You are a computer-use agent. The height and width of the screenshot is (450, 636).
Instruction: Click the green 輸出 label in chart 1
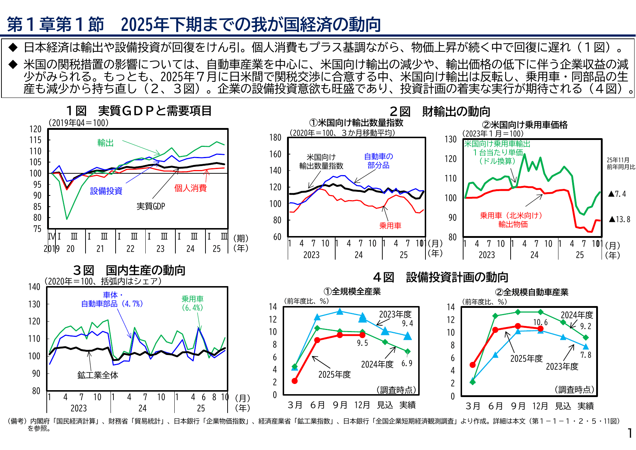[105, 143]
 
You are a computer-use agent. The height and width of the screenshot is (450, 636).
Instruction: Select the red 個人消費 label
[190, 188]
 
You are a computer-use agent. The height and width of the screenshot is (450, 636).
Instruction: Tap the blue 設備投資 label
[106, 191]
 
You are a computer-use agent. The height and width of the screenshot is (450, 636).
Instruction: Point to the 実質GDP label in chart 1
[151, 206]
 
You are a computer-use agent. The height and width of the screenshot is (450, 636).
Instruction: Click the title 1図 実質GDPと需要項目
[139, 111]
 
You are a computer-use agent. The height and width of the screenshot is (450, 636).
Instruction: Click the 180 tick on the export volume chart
[275, 137]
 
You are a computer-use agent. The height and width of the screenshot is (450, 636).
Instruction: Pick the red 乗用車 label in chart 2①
[390, 226]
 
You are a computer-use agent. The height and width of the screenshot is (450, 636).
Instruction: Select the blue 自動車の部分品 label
[378, 161]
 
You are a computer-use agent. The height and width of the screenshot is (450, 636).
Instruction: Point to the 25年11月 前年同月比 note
[621, 164]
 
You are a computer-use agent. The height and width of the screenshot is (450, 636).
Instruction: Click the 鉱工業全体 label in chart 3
[98, 375]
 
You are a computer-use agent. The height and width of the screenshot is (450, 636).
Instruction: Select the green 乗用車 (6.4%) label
[192, 303]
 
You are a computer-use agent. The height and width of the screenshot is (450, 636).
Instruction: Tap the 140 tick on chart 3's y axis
[34, 287]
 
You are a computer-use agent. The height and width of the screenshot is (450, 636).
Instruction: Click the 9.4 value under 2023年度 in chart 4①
[407, 323]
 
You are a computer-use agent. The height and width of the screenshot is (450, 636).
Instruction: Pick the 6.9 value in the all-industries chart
[407, 363]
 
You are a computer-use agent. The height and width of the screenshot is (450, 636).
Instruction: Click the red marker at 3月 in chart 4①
[295, 381]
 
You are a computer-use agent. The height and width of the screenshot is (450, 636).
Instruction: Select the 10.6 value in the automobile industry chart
[540, 322]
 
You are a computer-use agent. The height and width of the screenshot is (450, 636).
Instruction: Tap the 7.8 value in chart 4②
[586, 355]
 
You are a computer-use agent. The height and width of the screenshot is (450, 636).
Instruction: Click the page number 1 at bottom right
[630, 433]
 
